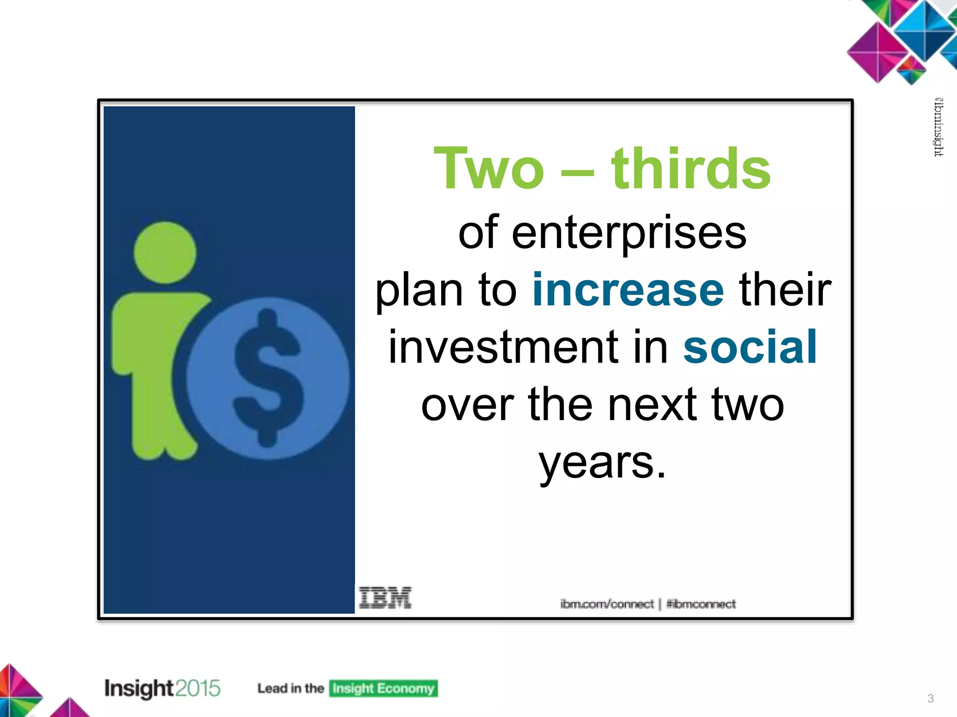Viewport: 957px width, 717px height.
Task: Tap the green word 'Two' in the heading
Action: click(489, 169)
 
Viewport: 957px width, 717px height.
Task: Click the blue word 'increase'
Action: click(628, 290)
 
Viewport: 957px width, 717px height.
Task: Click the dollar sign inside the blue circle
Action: click(268, 377)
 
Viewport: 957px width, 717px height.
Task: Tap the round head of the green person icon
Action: click(164, 253)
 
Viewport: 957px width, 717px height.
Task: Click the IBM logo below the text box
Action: click(385, 598)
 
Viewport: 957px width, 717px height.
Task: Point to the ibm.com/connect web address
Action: click(607, 604)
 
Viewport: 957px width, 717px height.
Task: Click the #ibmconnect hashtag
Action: click(700, 604)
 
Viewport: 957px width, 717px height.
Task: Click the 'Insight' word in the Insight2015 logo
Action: click(139, 689)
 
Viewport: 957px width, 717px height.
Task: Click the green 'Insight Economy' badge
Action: click(383, 689)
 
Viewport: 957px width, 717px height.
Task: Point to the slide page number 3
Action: click(930, 698)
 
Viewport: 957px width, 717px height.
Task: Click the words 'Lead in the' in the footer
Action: click(290, 689)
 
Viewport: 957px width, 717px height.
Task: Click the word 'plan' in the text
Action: click(419, 291)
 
